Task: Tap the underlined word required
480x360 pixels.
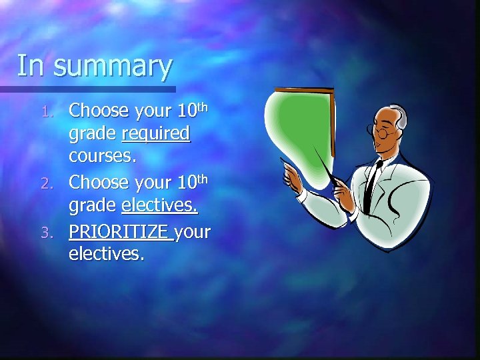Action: [x=157, y=134]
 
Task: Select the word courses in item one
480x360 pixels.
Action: [x=103, y=157]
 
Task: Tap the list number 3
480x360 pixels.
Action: [x=58, y=233]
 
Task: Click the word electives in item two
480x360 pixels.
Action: [x=159, y=206]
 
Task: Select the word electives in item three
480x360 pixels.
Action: [x=106, y=254]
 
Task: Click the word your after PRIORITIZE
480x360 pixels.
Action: [x=193, y=232]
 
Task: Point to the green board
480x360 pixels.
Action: [x=300, y=127]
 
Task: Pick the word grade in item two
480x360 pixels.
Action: [x=93, y=206]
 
